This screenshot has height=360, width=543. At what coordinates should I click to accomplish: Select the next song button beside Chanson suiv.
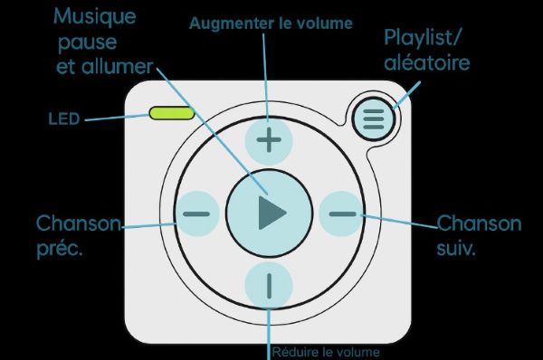(342, 214)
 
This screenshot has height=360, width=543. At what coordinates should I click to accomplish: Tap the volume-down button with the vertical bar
(269, 286)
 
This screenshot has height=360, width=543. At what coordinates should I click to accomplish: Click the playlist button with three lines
(373, 118)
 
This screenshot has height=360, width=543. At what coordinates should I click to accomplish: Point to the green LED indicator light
(172, 113)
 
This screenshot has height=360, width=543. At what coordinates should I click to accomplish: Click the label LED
(64, 117)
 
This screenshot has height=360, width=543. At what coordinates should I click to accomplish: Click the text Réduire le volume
(327, 352)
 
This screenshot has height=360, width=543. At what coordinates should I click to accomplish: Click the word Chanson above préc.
(78, 223)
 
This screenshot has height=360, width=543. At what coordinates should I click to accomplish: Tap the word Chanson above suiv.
(480, 223)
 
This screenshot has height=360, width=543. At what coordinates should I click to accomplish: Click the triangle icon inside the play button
(271, 213)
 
